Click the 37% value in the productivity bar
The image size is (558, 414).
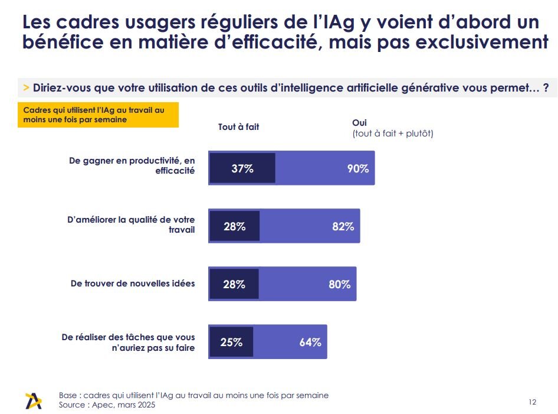pos(242,169)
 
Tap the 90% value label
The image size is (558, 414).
pos(357,169)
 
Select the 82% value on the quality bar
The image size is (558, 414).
pos(343,226)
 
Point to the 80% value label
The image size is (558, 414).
pos(339,284)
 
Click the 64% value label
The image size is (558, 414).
pos(310,342)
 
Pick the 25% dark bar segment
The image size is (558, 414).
pos(231,342)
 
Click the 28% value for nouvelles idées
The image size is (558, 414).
pos(234,284)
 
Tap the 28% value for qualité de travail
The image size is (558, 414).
pos(234,226)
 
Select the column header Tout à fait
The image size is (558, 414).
pos(238,126)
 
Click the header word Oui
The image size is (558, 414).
pos(359,122)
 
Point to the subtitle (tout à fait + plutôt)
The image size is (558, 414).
pos(392,133)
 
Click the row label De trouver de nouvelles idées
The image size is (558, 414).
pos(132,283)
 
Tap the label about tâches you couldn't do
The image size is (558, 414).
pos(128,343)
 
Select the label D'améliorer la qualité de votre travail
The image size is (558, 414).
pos(130,224)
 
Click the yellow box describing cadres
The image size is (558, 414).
pos(98,115)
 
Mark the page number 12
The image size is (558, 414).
pos(532,402)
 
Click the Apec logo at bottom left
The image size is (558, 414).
pos(34,400)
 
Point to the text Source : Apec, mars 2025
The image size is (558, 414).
pos(107,405)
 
